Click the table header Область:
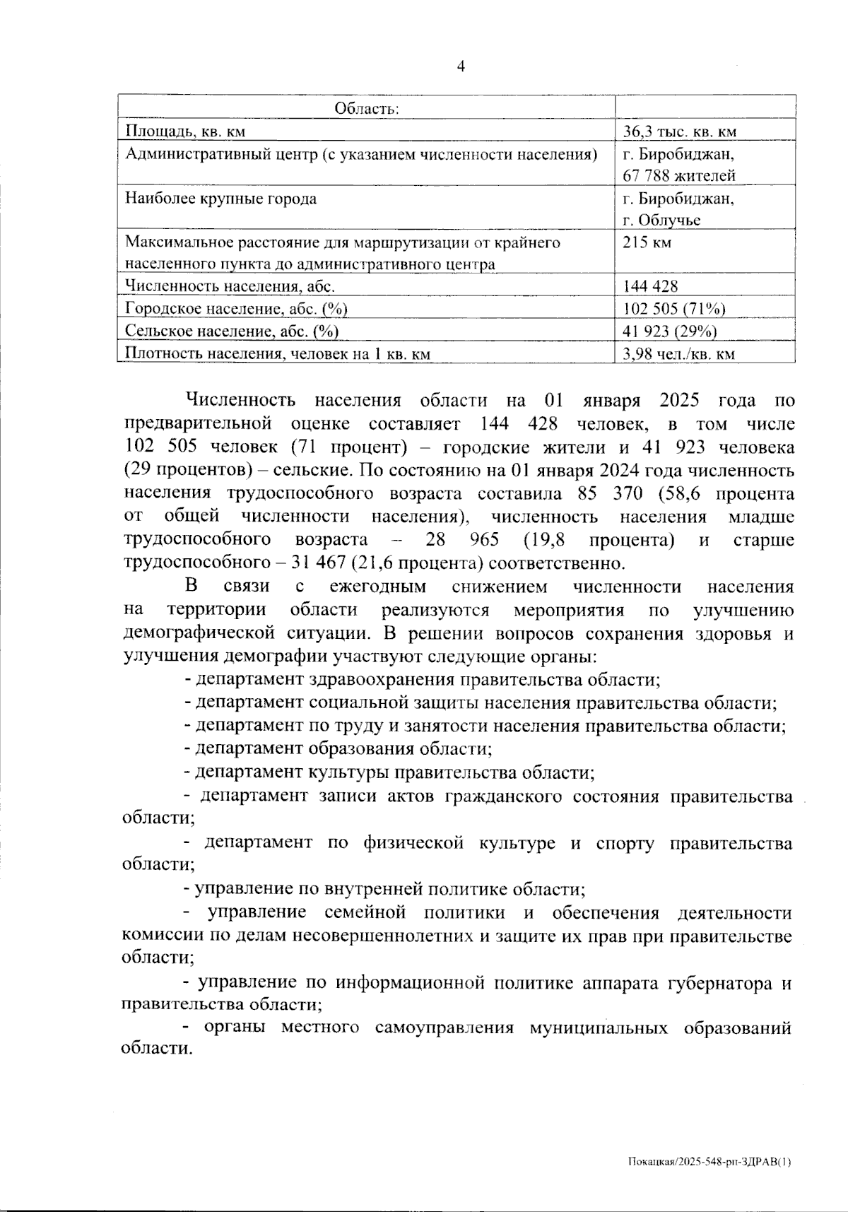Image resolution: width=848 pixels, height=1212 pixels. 367,109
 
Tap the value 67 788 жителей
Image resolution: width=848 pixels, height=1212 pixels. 679,175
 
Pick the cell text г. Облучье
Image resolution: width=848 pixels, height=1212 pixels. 661,220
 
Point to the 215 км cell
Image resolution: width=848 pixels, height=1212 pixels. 647,242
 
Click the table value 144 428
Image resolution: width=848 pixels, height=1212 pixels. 650,286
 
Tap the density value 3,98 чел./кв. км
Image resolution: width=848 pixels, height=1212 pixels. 678,353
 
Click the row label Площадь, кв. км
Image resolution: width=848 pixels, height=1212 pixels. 185,131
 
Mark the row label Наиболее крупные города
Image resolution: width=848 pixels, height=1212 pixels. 220,199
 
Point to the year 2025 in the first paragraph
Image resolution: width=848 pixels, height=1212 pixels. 678,401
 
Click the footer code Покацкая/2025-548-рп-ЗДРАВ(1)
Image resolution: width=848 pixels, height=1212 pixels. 709,1161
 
